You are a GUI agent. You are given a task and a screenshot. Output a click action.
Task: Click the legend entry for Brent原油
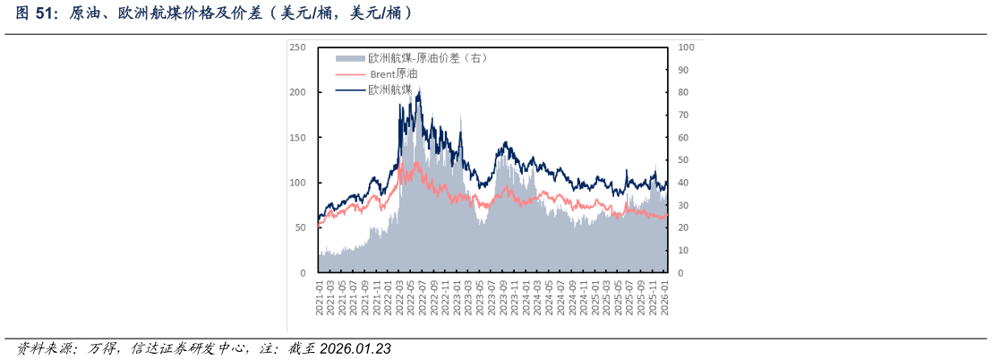pos(393,73)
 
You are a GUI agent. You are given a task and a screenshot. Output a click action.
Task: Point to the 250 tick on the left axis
pos(298,47)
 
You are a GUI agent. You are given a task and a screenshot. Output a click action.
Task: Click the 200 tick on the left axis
pos(298,92)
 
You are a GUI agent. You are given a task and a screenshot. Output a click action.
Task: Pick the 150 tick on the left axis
pos(298,138)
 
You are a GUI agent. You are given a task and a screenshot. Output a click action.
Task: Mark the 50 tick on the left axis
pos(300,227)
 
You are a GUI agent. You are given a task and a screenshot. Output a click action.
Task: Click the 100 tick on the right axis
pos(684,47)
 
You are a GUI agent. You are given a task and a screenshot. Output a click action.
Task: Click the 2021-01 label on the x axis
pos(320,295)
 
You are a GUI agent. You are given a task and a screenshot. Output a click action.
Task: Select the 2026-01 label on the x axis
pos(665,295)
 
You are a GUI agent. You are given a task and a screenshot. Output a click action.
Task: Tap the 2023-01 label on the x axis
pos(457,295)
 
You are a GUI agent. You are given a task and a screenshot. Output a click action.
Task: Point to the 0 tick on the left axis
pos(303,272)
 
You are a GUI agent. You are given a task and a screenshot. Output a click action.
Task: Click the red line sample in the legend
pos(350,73)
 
